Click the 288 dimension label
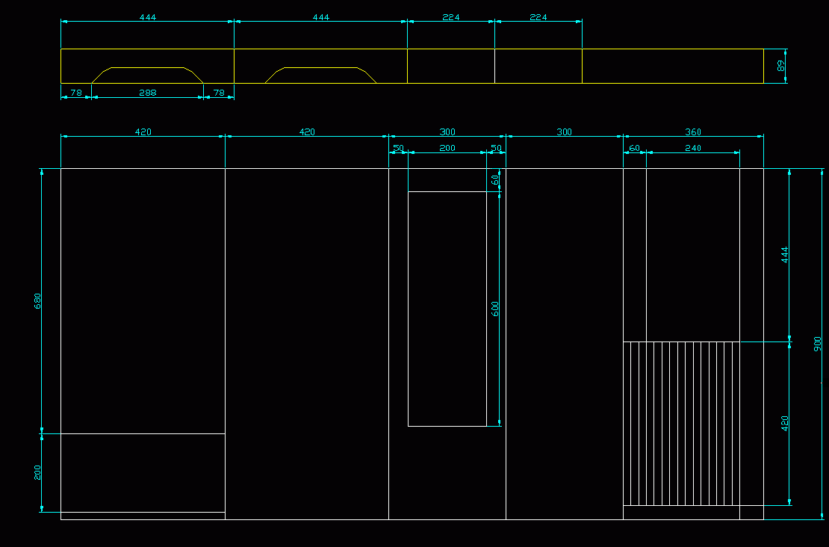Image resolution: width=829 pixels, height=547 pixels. [x=148, y=93]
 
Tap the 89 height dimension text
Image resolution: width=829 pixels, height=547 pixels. [x=781, y=66]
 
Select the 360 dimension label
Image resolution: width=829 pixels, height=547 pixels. [x=693, y=132]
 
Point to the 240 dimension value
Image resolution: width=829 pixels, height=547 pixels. [x=693, y=148]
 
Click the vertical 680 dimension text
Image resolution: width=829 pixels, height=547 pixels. [x=38, y=301]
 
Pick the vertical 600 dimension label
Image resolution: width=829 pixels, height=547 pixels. [x=495, y=309]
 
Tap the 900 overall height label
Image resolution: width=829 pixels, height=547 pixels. [x=818, y=344]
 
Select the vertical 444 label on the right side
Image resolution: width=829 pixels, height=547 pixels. [x=785, y=255]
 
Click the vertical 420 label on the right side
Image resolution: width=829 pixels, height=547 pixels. [x=785, y=423]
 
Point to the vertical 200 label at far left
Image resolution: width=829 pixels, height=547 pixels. [x=38, y=472]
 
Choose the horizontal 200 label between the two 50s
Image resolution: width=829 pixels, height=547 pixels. [x=447, y=148]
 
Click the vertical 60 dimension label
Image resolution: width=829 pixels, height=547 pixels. [x=495, y=179]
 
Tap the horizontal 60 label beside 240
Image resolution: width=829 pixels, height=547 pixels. [x=634, y=148]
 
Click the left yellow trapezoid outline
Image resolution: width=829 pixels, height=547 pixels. [x=148, y=68]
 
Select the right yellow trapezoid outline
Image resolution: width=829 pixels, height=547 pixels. [x=321, y=68]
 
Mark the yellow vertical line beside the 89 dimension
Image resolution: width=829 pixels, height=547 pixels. [x=763, y=66]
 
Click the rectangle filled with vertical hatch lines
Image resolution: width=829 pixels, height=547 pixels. [x=681, y=424]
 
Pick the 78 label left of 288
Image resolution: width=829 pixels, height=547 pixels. [x=75, y=93]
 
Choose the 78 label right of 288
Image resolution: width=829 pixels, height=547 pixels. [x=219, y=93]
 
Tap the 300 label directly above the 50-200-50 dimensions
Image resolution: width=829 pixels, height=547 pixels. [x=447, y=132]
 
